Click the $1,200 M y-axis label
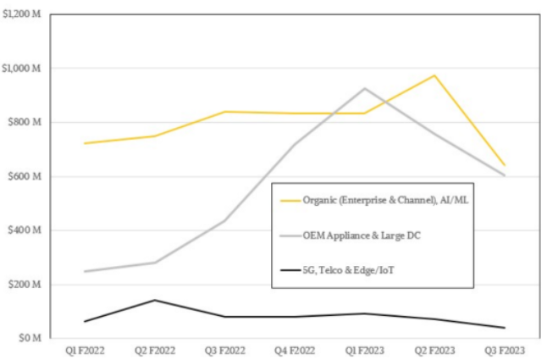[x=19, y=14]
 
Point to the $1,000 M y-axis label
[x=19, y=68]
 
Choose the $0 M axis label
[x=27, y=338]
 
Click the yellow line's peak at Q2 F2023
[x=434, y=75]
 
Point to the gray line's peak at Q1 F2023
[x=364, y=88]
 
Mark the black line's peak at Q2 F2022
[x=154, y=300]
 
